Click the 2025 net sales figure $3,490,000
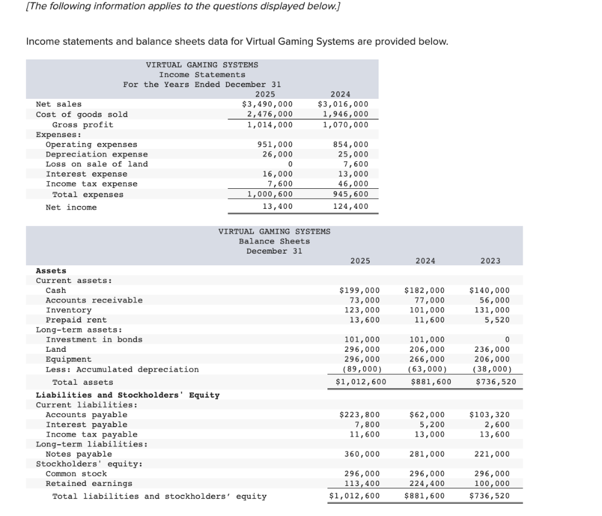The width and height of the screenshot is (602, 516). click(267, 104)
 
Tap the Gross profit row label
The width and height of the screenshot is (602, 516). click(82, 125)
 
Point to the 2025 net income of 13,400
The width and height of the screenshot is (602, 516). click(277, 207)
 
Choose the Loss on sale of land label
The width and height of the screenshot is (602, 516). click(96, 164)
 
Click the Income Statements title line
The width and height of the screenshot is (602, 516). click(202, 75)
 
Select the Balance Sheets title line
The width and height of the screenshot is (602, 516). click(274, 241)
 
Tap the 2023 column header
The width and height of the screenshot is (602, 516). click(490, 261)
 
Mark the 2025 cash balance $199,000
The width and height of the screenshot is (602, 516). click(360, 290)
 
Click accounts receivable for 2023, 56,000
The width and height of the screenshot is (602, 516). click(495, 300)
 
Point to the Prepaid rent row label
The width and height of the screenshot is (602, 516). click(76, 320)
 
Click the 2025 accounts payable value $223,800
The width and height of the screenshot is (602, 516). click(360, 415)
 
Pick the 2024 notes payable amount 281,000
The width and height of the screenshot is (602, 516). click(425, 454)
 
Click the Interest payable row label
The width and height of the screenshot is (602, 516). click(86, 425)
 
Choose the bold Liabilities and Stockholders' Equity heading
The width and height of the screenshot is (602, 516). click(128, 395)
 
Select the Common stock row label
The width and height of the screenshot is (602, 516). click(76, 474)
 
